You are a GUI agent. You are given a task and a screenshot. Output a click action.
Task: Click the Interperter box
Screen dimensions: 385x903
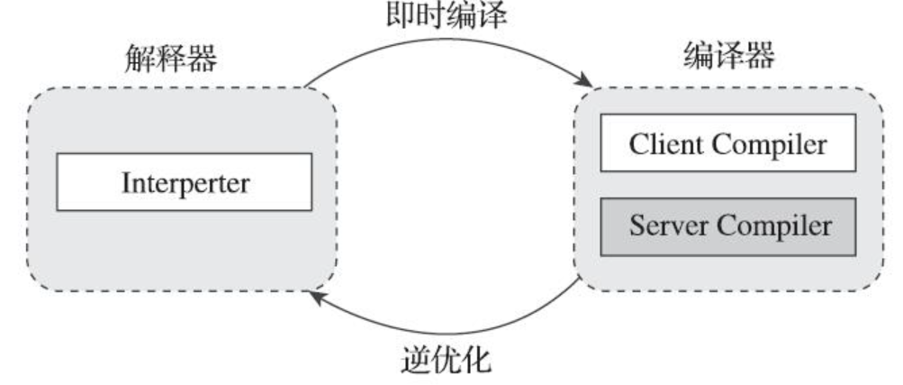[185, 182]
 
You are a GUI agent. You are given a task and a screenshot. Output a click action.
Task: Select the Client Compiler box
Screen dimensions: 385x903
[728, 143]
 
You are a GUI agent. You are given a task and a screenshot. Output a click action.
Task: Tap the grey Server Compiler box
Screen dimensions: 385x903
[728, 225]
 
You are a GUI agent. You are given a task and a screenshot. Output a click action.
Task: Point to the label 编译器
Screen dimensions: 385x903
[726, 59]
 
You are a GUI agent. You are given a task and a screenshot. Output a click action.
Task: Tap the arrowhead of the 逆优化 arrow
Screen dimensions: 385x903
[313, 296]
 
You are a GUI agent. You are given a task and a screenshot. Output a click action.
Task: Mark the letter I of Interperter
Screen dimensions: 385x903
[123, 182]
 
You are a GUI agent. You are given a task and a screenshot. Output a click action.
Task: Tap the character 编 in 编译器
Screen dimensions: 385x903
[693, 59]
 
